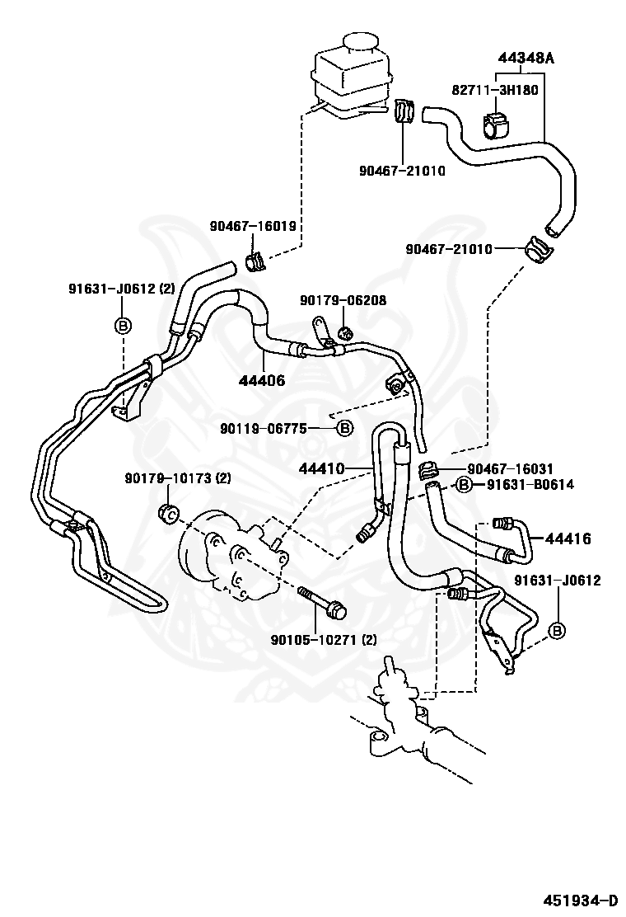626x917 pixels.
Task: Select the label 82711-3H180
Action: click(x=494, y=90)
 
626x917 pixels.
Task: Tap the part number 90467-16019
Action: click(x=253, y=226)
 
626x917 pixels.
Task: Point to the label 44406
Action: click(x=262, y=380)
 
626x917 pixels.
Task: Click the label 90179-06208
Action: click(x=343, y=300)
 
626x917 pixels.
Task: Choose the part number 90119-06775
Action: click(x=263, y=429)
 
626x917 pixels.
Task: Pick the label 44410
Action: click(x=322, y=468)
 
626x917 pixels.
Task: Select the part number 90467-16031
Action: click(x=511, y=468)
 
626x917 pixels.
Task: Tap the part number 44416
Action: click(x=568, y=538)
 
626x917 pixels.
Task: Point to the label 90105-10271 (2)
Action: click(x=323, y=640)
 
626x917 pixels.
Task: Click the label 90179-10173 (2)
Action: click(x=178, y=478)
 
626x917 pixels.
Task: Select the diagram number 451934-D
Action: click(x=581, y=900)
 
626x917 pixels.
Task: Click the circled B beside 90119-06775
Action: click(x=345, y=429)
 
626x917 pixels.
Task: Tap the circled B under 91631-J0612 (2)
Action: click(x=124, y=326)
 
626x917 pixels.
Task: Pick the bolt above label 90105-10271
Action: click(x=322, y=602)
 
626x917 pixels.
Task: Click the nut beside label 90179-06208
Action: click(x=346, y=333)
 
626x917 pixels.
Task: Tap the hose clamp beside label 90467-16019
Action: click(x=255, y=262)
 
